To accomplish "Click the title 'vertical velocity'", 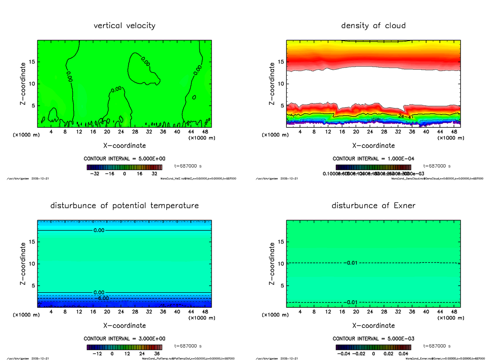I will (x=124, y=26).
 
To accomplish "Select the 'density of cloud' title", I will (x=373, y=26).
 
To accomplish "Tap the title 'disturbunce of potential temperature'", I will (x=124, y=206).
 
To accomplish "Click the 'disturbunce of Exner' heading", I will (x=373, y=206).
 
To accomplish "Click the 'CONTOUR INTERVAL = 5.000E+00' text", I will (x=124, y=159).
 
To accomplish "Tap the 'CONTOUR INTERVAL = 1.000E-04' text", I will (x=373, y=159).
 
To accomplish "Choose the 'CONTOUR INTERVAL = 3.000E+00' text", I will (x=124, y=339).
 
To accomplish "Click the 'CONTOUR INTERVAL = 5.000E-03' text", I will (x=373, y=339).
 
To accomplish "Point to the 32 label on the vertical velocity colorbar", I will (x=154, y=174).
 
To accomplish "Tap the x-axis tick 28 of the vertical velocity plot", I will (x=135, y=132).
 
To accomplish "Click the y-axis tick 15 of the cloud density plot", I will (x=281, y=62).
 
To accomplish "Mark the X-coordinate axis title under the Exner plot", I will (x=373, y=326).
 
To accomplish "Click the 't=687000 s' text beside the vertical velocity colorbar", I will (x=188, y=166).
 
